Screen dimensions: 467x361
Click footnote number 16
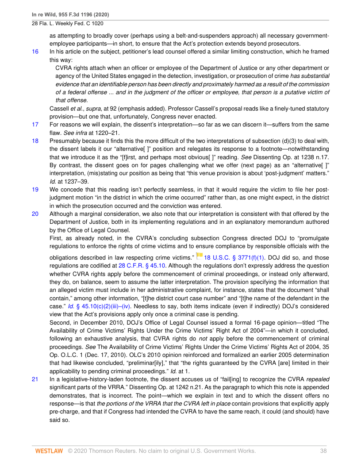point(35,52)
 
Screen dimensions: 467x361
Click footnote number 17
point(35,124)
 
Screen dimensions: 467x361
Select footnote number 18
point(35,141)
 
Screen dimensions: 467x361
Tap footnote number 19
point(35,189)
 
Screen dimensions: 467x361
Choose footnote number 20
point(35,214)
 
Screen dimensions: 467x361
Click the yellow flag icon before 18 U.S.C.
point(200,256)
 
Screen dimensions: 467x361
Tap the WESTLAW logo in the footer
point(49,451)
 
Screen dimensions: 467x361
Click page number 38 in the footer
point(323,451)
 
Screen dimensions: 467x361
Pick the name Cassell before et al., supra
point(60,108)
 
